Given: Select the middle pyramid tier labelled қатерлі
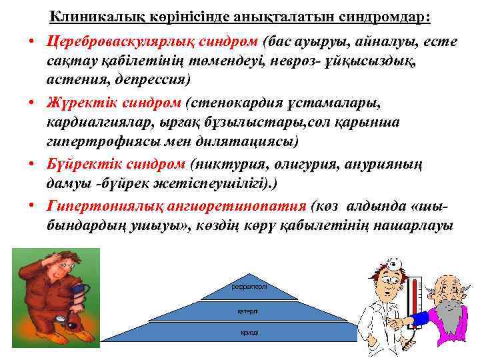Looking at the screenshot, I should tap(247, 311).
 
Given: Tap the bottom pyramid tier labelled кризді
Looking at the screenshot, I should tap(247, 332).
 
